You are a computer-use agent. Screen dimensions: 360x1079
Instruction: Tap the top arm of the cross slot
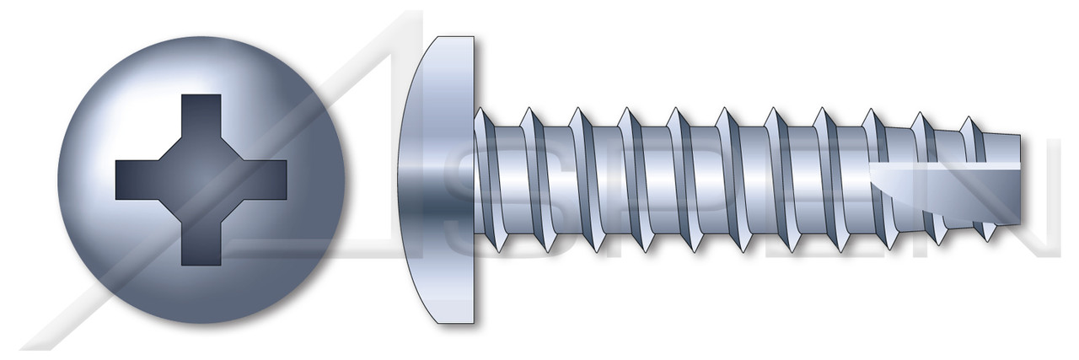click(201, 114)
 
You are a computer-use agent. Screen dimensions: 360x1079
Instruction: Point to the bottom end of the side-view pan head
click(455, 319)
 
